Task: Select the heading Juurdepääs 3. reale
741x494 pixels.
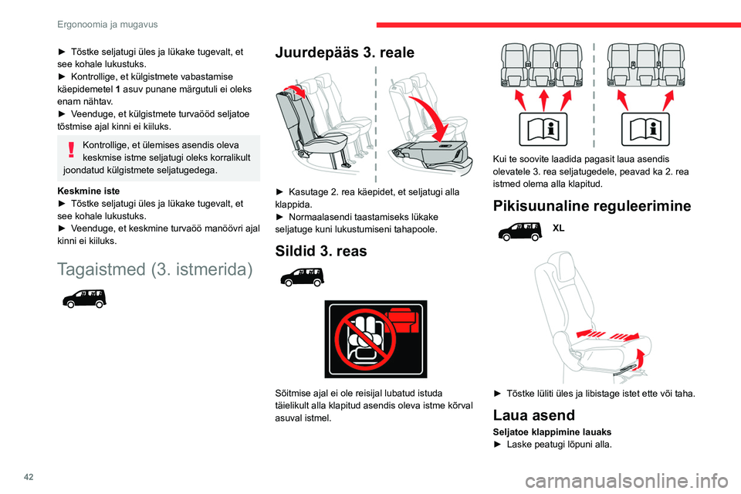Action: click(x=345, y=53)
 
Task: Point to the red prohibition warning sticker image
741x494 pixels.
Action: click(x=375, y=338)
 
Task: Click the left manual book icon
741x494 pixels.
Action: click(x=543, y=129)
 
